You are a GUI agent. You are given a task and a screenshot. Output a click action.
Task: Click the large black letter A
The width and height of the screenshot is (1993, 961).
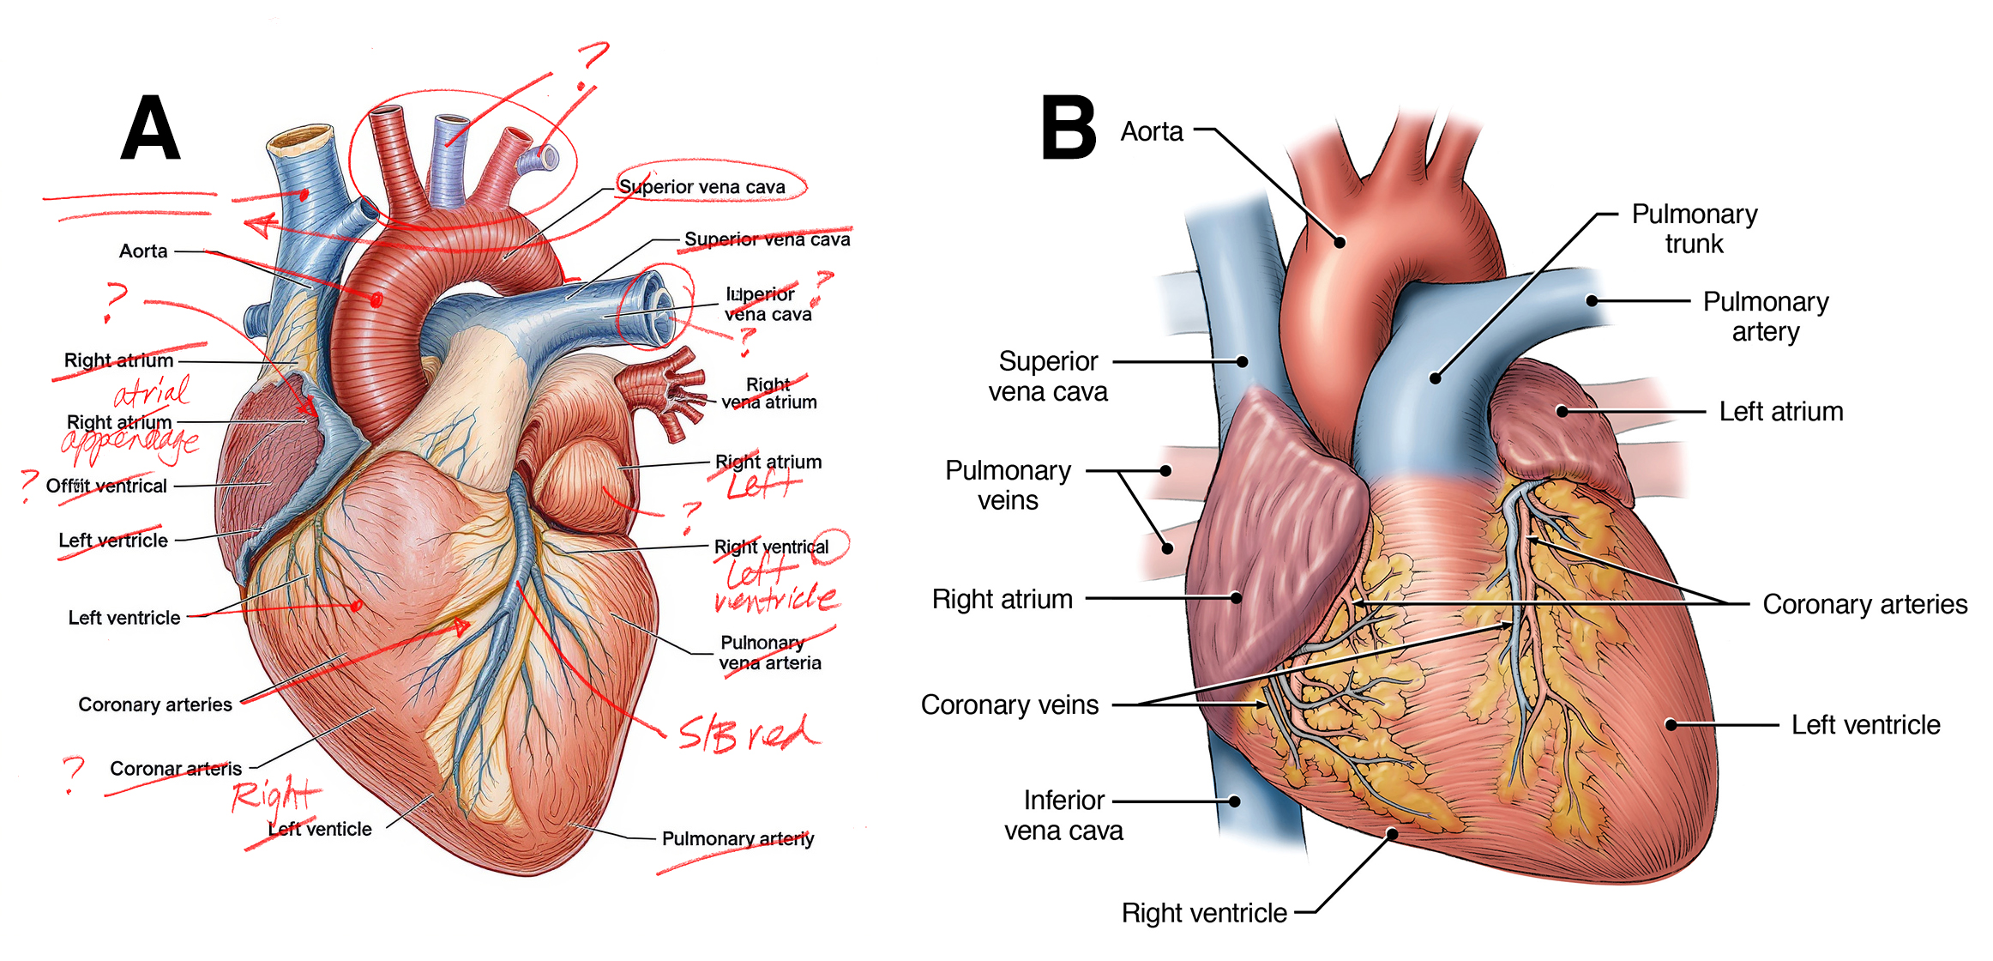click(151, 129)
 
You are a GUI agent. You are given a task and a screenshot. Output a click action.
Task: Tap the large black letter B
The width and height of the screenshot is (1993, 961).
click(1068, 129)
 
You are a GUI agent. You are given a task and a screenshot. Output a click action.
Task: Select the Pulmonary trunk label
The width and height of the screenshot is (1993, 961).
click(1694, 228)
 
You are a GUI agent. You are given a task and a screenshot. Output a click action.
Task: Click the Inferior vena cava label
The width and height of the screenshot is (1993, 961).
click(1063, 815)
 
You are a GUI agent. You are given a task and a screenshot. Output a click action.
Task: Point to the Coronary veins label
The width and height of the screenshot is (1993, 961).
click(1009, 704)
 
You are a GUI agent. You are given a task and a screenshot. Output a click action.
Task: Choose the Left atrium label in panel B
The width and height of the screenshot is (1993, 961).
click(1780, 412)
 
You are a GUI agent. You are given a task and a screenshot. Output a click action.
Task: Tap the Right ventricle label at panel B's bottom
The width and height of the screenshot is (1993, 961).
click(1203, 913)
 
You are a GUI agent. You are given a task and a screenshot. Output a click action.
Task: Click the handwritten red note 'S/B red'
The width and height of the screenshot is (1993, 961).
click(749, 734)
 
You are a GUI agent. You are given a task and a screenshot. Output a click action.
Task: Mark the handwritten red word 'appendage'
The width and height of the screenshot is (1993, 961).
click(130, 442)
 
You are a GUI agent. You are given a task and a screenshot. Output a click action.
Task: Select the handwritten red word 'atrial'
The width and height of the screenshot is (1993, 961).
click(153, 393)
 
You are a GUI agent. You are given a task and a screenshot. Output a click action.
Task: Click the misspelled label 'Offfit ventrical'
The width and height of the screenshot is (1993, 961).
click(106, 487)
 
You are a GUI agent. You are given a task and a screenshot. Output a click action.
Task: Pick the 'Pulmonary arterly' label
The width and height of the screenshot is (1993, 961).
click(738, 838)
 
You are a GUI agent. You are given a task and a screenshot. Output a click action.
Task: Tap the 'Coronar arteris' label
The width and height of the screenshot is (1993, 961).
click(176, 769)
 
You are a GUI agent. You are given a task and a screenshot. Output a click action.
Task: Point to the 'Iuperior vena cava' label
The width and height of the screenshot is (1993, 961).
click(768, 305)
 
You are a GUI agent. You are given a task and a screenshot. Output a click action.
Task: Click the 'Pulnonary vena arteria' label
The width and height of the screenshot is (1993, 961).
click(770, 653)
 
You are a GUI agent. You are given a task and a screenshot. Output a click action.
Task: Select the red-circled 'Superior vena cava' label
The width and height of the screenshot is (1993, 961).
click(701, 187)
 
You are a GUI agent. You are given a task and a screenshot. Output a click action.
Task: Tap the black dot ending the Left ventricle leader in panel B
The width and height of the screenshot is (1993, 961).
click(1671, 725)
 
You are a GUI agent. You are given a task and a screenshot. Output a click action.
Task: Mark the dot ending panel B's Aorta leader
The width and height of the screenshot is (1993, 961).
click(1340, 242)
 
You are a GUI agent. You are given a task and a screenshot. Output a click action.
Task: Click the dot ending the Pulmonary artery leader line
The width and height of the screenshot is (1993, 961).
click(1592, 301)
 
